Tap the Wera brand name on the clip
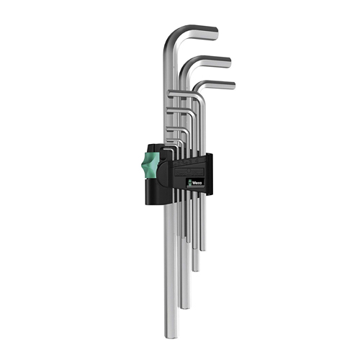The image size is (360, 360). [x=197, y=183]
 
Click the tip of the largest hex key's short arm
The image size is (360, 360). [x=217, y=33]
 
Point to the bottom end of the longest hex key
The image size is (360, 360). [x=171, y=336]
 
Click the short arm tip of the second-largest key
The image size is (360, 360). [x=229, y=62]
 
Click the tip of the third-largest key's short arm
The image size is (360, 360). [x=234, y=86]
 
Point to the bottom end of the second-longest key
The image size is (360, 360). [x=185, y=307]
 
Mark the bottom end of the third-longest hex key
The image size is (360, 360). [x=196, y=270]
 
